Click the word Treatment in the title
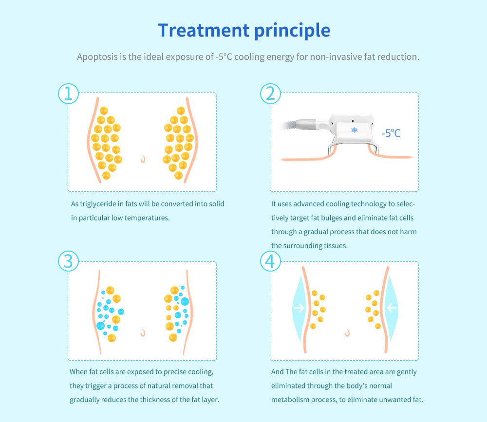click(204, 30)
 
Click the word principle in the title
click(292, 31)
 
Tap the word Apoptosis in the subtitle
click(97, 57)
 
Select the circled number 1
click(68, 93)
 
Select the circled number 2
click(270, 93)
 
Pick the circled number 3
click(68, 261)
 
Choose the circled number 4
click(270, 261)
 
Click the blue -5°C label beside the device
click(391, 133)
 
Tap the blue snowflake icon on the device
click(355, 130)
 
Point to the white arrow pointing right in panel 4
click(299, 308)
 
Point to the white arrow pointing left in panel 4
click(392, 308)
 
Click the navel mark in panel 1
click(143, 159)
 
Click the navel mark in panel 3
click(143, 332)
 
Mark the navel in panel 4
click(348, 332)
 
